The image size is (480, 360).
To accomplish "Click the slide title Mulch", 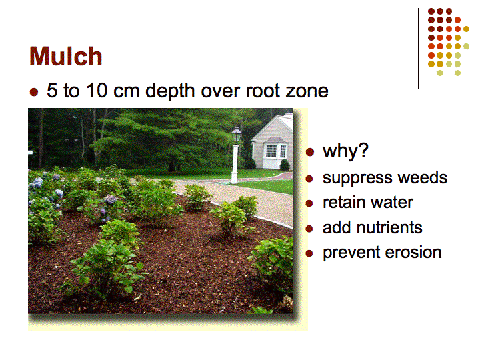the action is [65, 56].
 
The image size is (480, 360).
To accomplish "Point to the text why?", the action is [345, 151].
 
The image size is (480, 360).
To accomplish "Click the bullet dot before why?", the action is [310, 152].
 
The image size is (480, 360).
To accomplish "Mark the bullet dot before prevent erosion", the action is [309, 253].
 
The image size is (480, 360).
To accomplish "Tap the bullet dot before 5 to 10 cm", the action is [34, 92].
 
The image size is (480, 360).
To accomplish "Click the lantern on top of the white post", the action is [237, 134].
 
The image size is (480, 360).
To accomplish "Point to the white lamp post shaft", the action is [235, 164].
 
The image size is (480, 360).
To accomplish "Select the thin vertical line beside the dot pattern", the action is [418, 49].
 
